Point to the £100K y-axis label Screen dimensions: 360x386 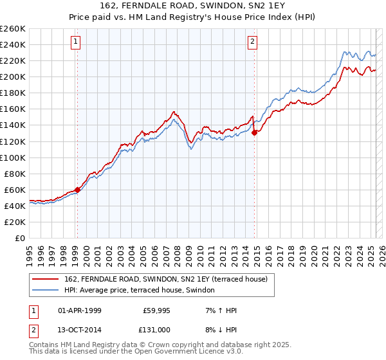click(x=13, y=157)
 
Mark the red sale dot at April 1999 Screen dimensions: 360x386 click(x=77, y=189)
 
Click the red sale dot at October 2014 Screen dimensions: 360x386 click(x=254, y=132)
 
